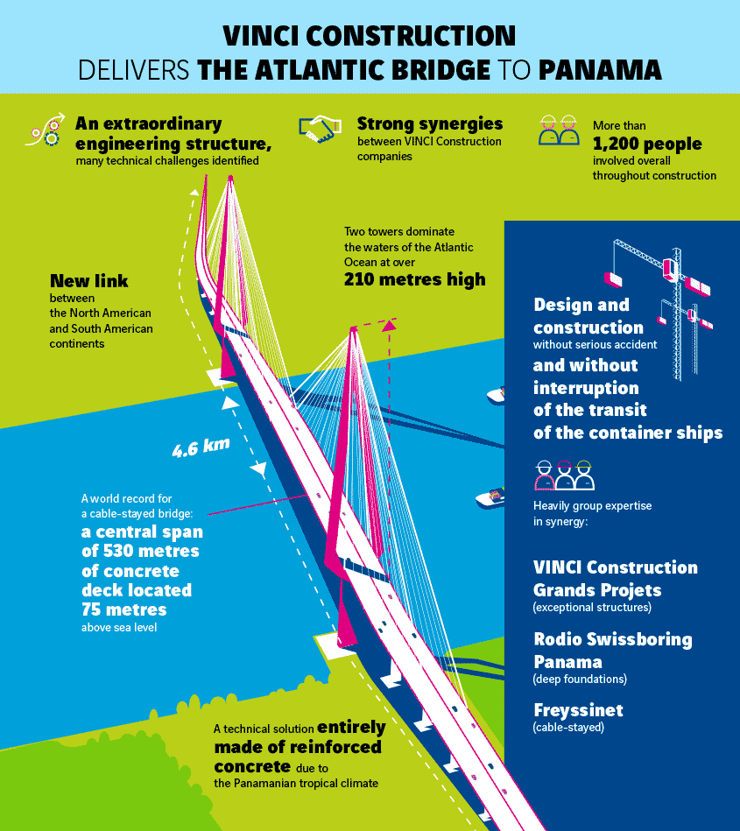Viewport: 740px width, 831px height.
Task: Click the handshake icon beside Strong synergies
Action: tap(320, 130)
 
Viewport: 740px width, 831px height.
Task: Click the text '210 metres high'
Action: tap(414, 280)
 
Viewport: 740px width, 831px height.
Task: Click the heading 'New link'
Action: tap(88, 281)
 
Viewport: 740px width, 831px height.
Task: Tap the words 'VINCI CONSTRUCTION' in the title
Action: tap(369, 36)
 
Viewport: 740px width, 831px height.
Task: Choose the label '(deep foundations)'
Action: tap(580, 679)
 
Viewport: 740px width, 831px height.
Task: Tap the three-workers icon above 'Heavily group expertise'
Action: tap(564, 475)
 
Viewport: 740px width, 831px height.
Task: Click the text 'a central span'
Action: tap(141, 532)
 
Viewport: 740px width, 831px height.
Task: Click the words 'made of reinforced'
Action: tap(298, 747)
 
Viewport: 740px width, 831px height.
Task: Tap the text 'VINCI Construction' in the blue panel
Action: tap(616, 567)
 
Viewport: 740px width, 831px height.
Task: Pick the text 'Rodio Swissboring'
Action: tap(613, 639)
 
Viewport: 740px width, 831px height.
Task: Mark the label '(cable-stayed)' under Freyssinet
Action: tap(568, 727)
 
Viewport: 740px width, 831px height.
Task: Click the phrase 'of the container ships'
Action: tap(628, 432)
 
